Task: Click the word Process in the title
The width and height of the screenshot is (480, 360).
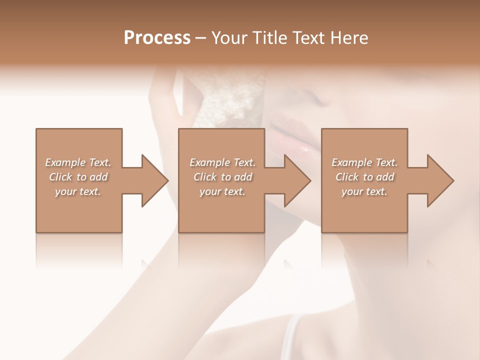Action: tap(157, 38)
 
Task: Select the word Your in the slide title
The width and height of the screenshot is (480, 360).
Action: tap(230, 38)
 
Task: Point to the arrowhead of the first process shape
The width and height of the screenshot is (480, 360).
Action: tap(152, 180)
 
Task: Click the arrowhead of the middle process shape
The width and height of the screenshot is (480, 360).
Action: tap(295, 180)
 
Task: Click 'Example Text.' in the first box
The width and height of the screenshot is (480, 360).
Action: tap(78, 162)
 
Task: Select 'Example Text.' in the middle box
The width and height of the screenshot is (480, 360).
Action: tap(222, 162)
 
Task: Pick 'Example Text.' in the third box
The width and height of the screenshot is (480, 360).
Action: tap(364, 162)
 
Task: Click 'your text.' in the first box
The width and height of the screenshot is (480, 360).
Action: tap(78, 191)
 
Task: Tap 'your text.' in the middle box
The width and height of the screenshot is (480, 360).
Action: tap(222, 191)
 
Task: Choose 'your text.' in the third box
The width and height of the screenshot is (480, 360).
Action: tap(364, 191)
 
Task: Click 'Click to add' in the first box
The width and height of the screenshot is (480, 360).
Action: tap(78, 177)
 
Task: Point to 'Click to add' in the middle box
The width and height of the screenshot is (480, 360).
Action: tap(222, 177)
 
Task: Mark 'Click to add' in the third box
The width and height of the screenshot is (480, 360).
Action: tap(364, 177)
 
